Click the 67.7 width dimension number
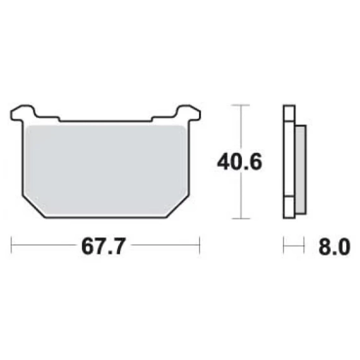coord(104,246)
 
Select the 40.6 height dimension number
coord(239,162)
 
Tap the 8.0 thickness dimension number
coord(335,247)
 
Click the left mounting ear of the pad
coord(23,112)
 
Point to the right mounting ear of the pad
coord(188,112)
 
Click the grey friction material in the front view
coord(106,171)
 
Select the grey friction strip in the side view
coord(301,170)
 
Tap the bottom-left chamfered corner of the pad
coord(34,207)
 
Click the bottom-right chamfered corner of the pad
coord(177,207)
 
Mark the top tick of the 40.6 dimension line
coord(241,105)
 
